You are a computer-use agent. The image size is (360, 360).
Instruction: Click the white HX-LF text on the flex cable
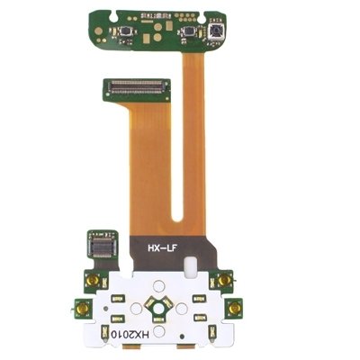164,248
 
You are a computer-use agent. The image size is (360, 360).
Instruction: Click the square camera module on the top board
216,32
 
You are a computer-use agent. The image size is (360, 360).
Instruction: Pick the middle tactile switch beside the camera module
189,31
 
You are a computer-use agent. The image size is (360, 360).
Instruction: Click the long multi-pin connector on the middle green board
137,86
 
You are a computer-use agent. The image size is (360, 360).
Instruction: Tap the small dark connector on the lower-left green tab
103,246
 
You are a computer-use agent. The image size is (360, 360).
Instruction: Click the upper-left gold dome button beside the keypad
94,280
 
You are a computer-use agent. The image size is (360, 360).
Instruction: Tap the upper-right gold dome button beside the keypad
224,280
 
